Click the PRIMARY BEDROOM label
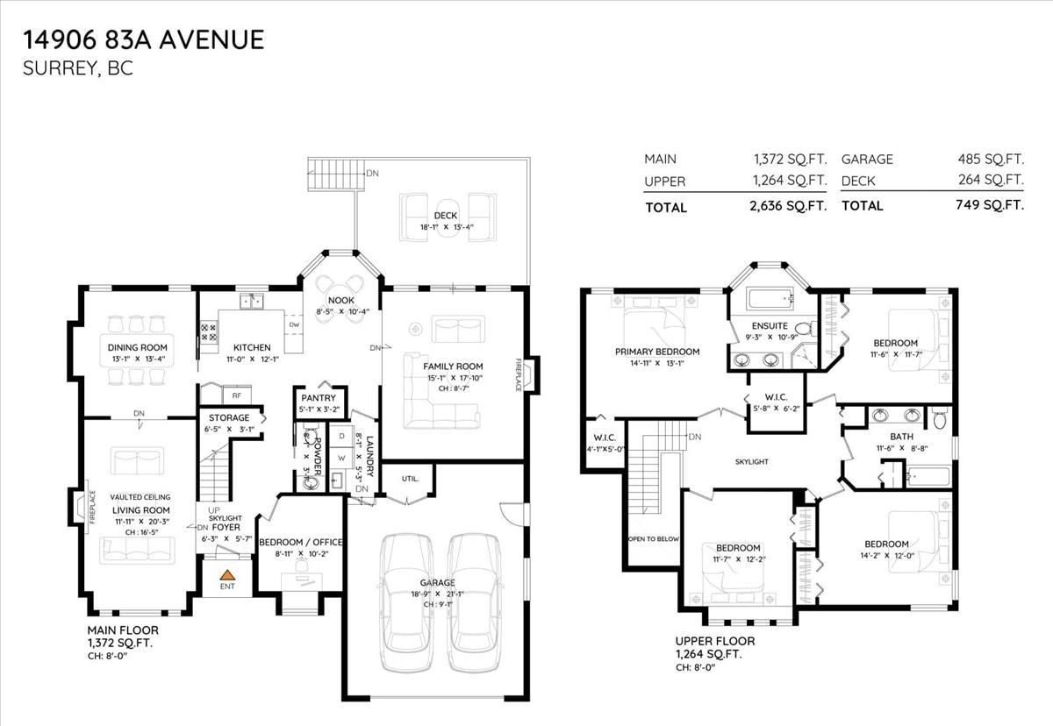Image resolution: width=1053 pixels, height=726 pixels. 656,352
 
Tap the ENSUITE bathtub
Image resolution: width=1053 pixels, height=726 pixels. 770,299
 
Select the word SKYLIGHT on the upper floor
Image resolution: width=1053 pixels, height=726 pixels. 752,461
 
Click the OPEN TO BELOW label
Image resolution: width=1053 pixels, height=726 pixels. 653,538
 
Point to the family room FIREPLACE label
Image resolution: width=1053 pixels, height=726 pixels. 519,374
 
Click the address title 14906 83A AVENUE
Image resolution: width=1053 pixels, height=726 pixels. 144,39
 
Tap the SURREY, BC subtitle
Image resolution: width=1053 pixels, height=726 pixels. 79,68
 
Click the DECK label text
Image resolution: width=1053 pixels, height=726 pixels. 446,216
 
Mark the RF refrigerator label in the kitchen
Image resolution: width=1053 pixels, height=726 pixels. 237,396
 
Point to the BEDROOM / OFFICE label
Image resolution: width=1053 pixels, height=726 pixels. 300,542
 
